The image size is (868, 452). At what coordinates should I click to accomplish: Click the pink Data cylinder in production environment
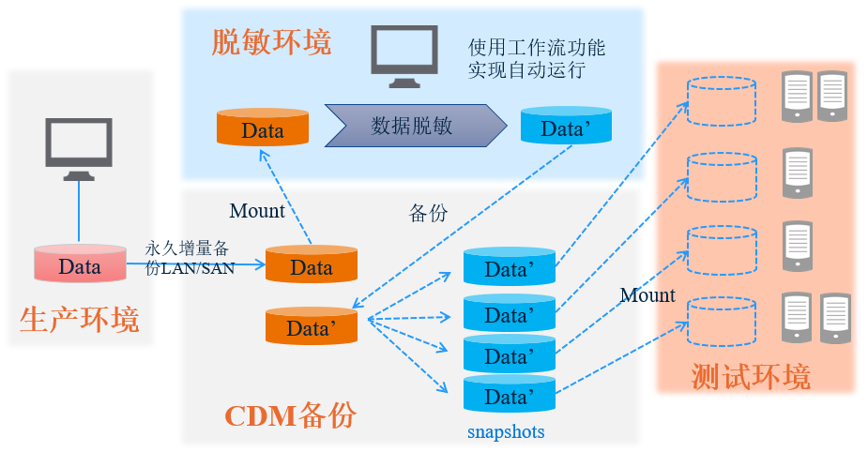click(80, 265)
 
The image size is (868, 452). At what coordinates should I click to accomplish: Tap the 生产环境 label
click(80, 320)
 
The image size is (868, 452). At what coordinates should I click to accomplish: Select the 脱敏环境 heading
click(271, 42)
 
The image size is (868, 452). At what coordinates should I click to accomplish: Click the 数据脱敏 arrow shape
click(414, 126)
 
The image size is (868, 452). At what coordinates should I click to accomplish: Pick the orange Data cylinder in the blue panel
click(263, 128)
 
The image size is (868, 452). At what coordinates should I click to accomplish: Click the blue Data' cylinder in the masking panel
click(566, 127)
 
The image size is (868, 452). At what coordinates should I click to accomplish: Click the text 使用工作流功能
click(537, 47)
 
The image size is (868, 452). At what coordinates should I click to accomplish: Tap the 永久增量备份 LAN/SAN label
click(190, 258)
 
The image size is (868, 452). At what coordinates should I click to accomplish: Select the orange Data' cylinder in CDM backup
click(312, 326)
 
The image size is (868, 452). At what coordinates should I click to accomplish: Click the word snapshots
click(506, 432)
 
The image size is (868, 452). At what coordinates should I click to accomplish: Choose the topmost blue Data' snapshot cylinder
click(510, 267)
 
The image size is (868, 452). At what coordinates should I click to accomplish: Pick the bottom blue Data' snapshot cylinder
click(510, 396)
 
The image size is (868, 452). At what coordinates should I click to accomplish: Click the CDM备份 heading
click(290, 414)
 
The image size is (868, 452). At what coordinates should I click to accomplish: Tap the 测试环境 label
click(751, 376)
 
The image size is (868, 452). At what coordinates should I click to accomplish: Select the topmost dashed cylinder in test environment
click(722, 98)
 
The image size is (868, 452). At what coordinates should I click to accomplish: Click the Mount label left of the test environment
click(647, 295)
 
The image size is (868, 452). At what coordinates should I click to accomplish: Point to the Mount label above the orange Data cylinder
click(257, 211)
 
